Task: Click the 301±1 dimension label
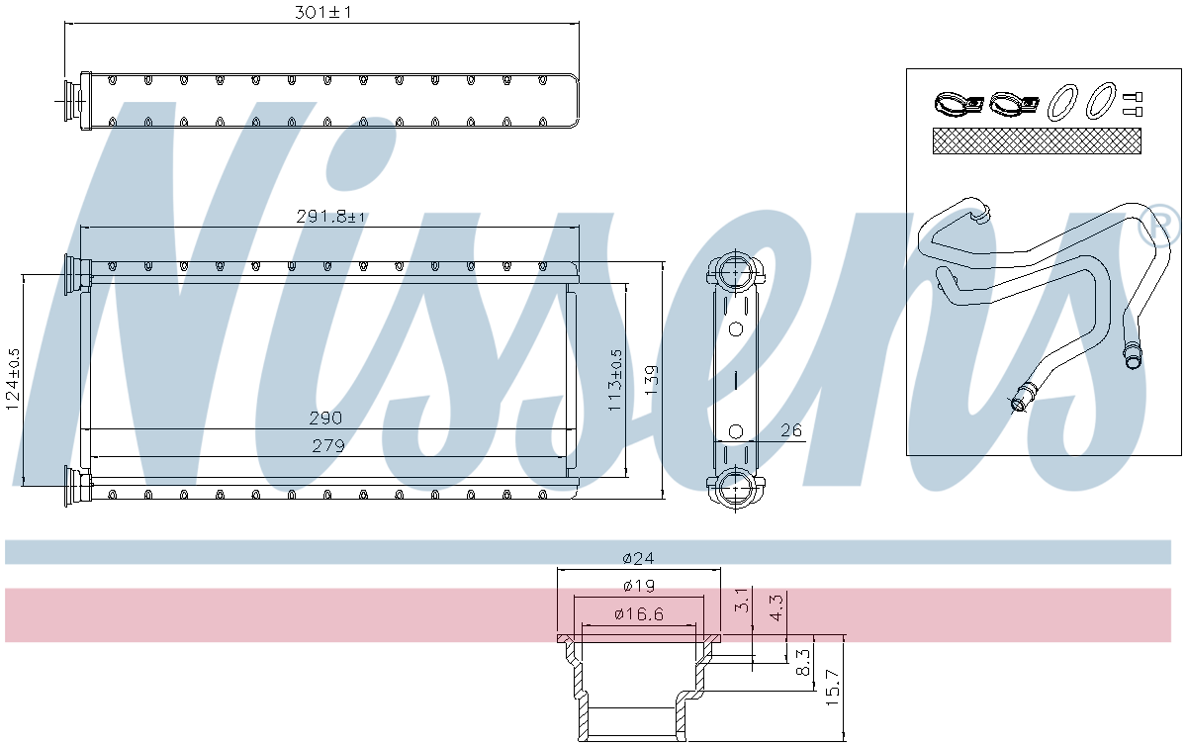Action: [323, 12]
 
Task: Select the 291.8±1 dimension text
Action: [330, 217]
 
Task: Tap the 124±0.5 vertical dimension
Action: [13, 379]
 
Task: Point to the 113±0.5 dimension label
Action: [615, 380]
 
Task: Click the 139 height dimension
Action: [651, 380]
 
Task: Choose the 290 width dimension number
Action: [325, 419]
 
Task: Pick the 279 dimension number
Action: [328, 446]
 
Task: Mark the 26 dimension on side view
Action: [791, 430]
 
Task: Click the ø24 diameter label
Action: [639, 558]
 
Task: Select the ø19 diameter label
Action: [639, 586]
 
